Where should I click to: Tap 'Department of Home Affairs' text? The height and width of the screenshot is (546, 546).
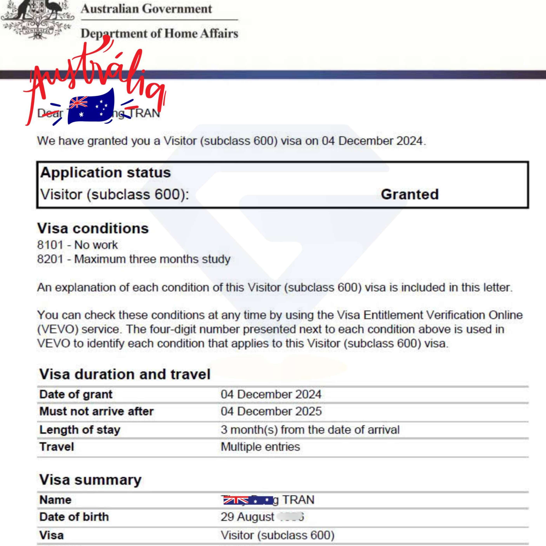click(159, 33)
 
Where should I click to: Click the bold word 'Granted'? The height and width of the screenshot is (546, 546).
click(410, 194)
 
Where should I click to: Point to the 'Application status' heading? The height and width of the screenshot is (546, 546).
click(105, 172)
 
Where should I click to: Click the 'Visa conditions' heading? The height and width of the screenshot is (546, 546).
click(93, 228)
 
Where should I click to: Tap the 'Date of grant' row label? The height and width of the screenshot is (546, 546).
click(76, 394)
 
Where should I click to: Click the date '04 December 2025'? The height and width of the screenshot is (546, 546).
click(271, 411)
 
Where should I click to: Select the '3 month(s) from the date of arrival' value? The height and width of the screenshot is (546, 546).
click(310, 430)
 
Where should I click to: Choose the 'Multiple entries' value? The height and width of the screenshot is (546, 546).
click(260, 447)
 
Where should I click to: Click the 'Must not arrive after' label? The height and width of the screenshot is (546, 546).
click(96, 411)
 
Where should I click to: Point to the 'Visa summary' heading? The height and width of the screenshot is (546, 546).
click(90, 480)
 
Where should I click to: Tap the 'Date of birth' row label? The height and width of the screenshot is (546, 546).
click(74, 517)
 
